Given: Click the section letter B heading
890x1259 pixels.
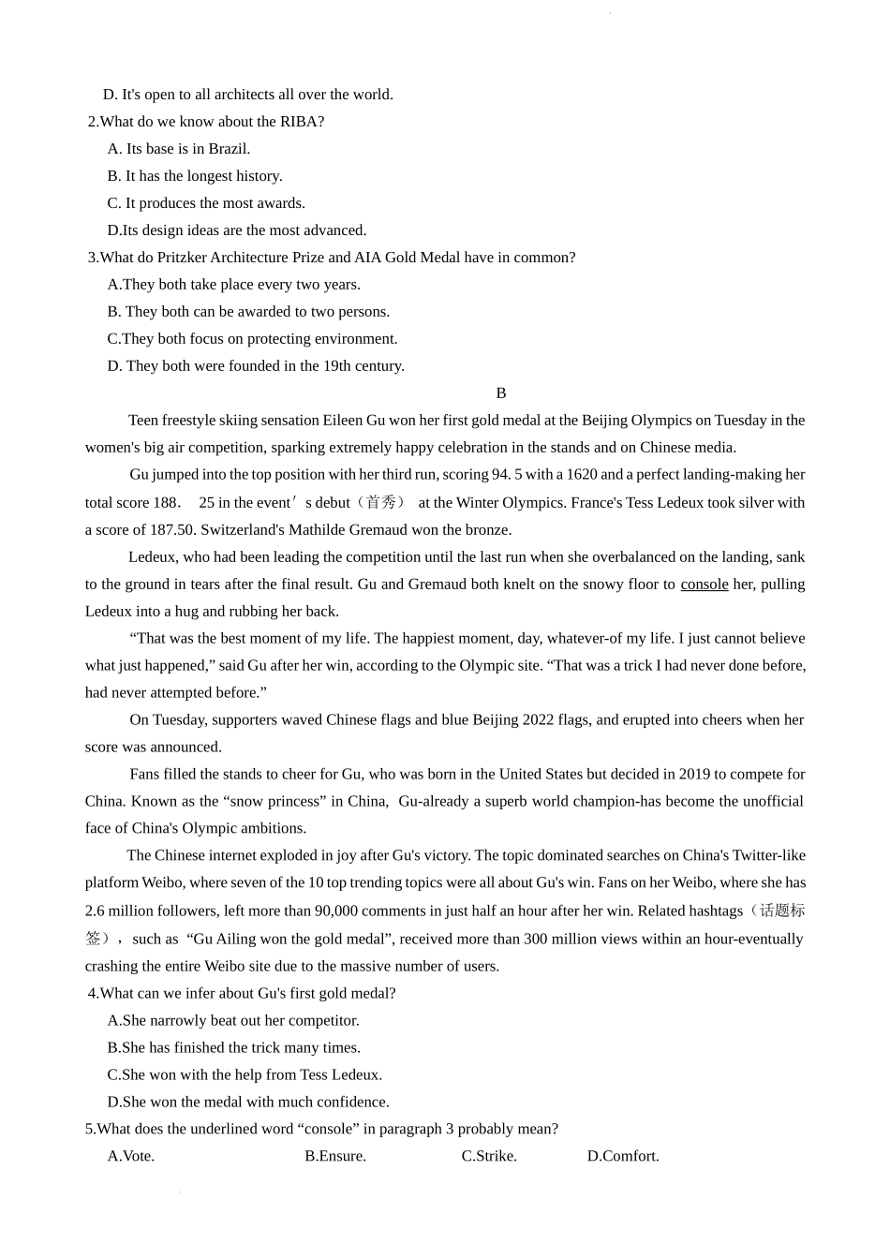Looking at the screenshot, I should [501, 393].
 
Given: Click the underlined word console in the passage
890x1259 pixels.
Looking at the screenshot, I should [704, 585].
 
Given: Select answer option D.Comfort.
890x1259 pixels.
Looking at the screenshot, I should [623, 1156].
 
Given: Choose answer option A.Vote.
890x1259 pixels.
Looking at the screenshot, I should [131, 1156].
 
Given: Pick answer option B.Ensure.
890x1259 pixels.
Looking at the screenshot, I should [335, 1156].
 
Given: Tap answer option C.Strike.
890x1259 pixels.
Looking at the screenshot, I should [489, 1156].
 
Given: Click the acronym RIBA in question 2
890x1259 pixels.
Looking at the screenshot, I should [299, 122].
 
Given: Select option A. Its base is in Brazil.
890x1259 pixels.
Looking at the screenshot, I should [179, 149].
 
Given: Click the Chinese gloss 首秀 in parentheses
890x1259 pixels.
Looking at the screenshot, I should [381, 503].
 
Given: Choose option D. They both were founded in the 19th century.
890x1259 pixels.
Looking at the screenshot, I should [256, 366].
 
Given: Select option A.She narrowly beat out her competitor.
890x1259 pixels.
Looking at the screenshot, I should [233, 1020].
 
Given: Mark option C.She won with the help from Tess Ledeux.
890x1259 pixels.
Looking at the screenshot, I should [245, 1074].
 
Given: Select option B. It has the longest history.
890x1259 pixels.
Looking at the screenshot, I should [195, 176].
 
